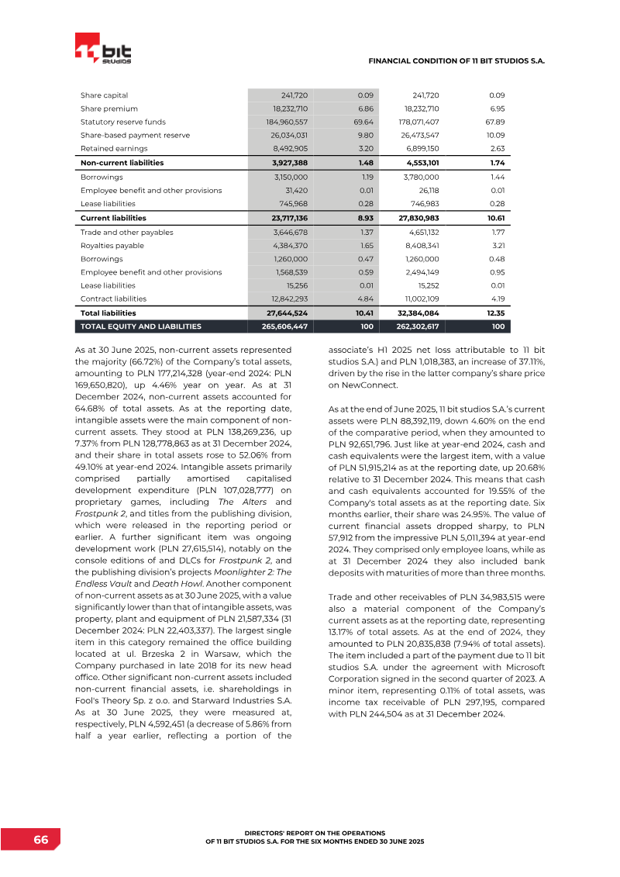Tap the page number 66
40,841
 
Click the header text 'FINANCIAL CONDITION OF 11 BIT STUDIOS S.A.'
456,60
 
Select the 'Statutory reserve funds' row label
123,122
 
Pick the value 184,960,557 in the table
287,122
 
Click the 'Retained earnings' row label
114,148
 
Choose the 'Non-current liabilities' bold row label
122,163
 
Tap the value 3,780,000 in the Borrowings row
421,177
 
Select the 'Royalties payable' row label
112,245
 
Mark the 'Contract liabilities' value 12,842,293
287,298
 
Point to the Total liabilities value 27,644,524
286,312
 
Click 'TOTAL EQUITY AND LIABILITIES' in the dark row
141,326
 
